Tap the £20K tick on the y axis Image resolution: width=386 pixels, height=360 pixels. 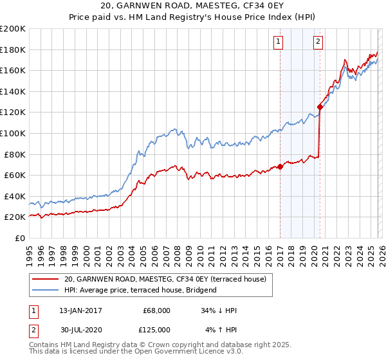point(15,217)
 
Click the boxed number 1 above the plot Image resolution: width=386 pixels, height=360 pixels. point(279,42)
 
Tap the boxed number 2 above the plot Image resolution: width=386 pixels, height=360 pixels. point(318,42)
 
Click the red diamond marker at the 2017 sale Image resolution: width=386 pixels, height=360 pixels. point(280,166)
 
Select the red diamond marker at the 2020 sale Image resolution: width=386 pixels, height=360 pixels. point(320,107)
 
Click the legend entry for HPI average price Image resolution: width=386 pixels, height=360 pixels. point(140,290)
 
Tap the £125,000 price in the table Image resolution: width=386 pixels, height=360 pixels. point(156,330)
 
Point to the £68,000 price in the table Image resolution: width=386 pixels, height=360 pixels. point(156,310)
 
